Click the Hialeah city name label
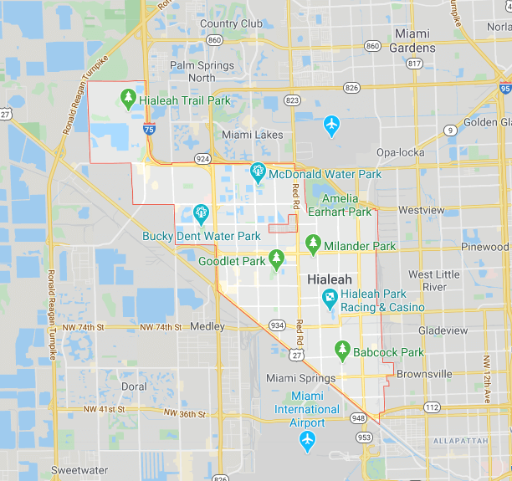[329, 279]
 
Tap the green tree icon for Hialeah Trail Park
[128, 100]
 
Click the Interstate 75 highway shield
[148, 129]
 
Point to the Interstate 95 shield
[504, 88]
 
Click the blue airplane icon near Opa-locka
[332, 125]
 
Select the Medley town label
[207, 326]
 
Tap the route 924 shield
[202, 157]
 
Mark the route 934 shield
[277, 325]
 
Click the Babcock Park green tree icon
[341, 351]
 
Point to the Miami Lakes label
[252, 135]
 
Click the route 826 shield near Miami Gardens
[352, 87]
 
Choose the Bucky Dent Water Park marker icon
[201, 212]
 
